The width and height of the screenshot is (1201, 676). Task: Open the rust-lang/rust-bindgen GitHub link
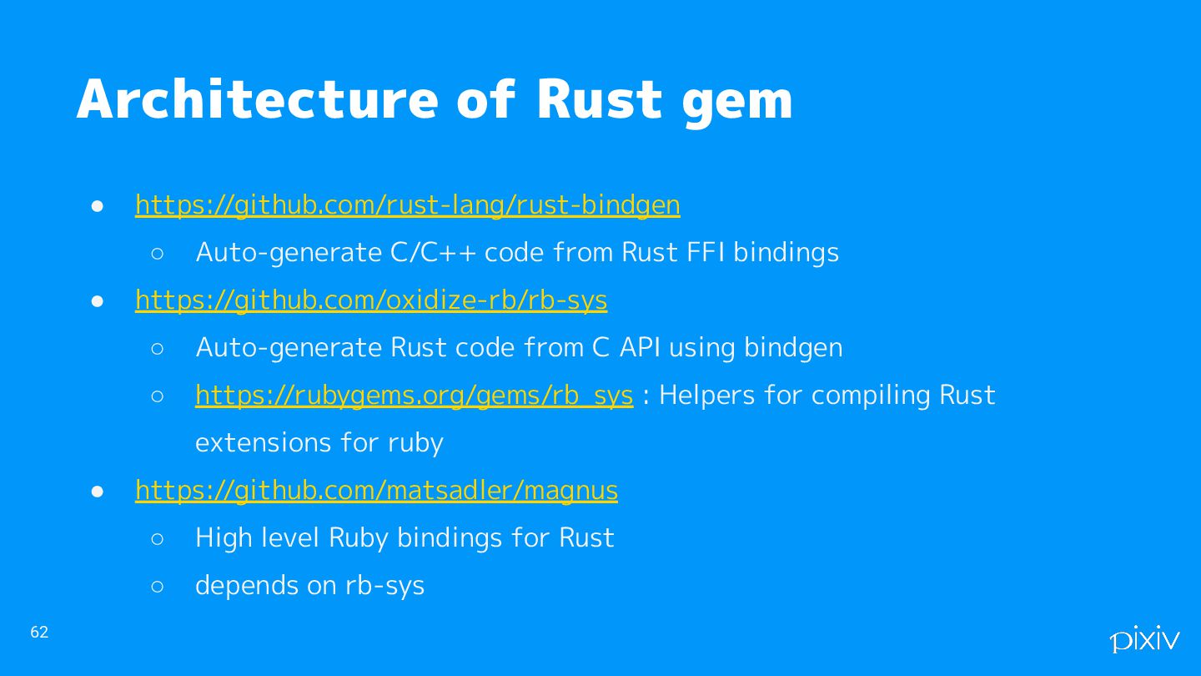(407, 205)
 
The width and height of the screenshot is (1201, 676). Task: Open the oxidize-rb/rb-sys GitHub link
(371, 300)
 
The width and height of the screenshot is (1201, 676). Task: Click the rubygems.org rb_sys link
(414, 396)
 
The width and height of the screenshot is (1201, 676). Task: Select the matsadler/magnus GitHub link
(376, 491)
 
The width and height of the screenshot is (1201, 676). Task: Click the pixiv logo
(1144, 638)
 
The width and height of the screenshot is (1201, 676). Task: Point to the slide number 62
(39, 633)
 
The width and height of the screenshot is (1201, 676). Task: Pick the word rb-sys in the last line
(384, 586)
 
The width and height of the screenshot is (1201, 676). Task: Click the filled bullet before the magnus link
(98, 492)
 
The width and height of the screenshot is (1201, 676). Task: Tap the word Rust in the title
(599, 100)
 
